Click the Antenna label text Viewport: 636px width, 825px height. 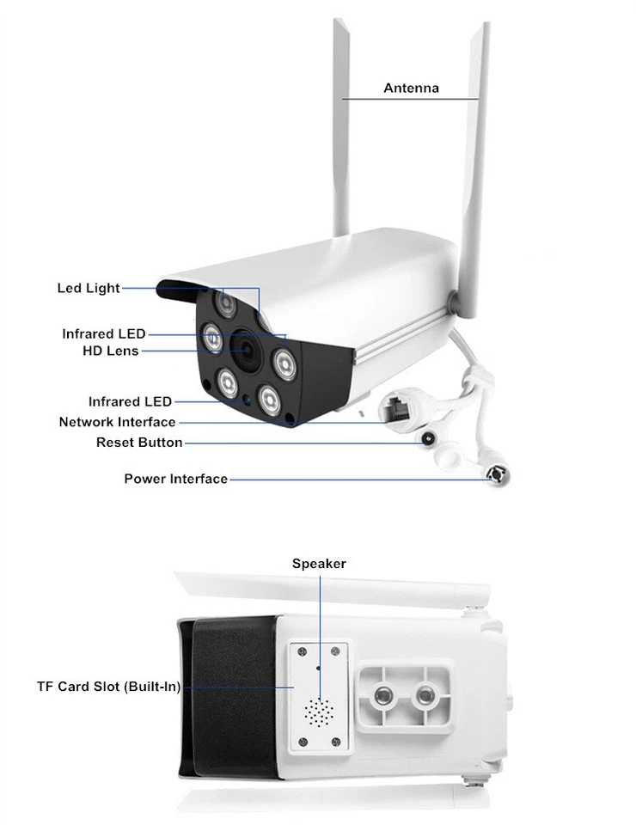(x=411, y=88)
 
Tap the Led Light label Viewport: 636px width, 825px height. (x=89, y=288)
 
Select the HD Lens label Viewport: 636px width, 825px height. (x=110, y=351)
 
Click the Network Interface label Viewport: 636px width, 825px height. (x=117, y=422)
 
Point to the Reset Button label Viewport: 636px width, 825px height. (x=139, y=443)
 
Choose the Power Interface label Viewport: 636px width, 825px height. (x=175, y=479)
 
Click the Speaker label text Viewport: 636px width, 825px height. (x=319, y=564)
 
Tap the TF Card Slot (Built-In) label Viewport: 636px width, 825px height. (x=108, y=687)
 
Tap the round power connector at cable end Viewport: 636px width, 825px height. (x=497, y=474)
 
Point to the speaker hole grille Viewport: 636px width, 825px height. (x=321, y=712)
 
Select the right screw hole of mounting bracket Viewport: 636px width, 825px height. (x=425, y=694)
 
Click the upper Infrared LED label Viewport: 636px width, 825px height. (x=103, y=333)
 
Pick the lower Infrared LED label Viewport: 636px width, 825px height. (x=130, y=401)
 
